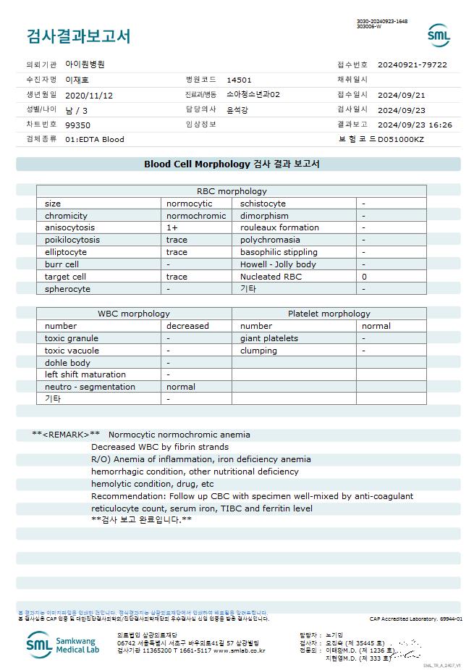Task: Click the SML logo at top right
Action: pyautogui.click(x=439, y=35)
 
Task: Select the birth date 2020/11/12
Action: pyautogui.click(x=89, y=95)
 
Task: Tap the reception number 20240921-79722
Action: pyautogui.click(x=412, y=64)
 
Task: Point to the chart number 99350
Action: pyautogui.click(x=77, y=125)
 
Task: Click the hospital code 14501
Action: pyautogui.click(x=239, y=80)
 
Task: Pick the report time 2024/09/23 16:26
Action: pyautogui.click(x=415, y=125)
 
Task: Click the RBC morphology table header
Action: pyautogui.click(x=232, y=191)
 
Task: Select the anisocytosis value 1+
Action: pyautogui.click(x=172, y=227)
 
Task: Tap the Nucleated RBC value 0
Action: pyautogui.click(x=364, y=277)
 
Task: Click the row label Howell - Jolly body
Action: pyautogui.click(x=278, y=264)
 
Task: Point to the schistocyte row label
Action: pyautogui.click(x=263, y=204)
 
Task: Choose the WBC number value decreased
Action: pyautogui.click(x=187, y=326)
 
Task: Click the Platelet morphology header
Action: pyautogui.click(x=329, y=314)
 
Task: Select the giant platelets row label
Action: pyautogui.click(x=268, y=338)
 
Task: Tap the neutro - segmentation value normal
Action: pyautogui.click(x=181, y=387)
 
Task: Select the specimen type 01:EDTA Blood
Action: pyautogui.click(x=94, y=139)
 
